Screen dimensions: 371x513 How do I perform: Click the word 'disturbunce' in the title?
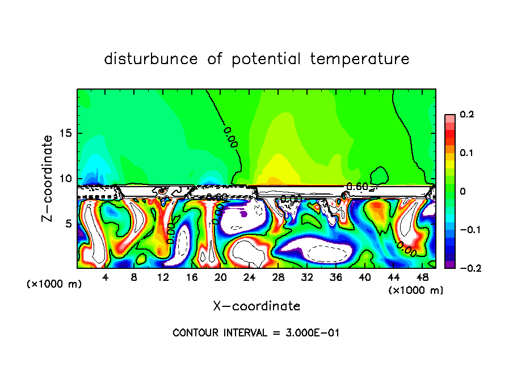click(x=152, y=59)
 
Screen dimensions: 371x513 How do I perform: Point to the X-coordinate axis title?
click(x=256, y=306)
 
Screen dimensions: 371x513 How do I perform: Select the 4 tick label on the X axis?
click(x=106, y=277)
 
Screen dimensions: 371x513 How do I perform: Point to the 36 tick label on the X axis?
click(x=336, y=277)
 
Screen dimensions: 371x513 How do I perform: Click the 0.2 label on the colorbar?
click(x=467, y=115)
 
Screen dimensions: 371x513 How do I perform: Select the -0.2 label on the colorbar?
click(x=465, y=268)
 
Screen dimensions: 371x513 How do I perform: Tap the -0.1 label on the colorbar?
click(x=465, y=230)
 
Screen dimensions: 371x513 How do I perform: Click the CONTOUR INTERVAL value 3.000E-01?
click(x=312, y=333)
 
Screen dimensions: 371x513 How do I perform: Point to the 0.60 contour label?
click(x=358, y=187)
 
